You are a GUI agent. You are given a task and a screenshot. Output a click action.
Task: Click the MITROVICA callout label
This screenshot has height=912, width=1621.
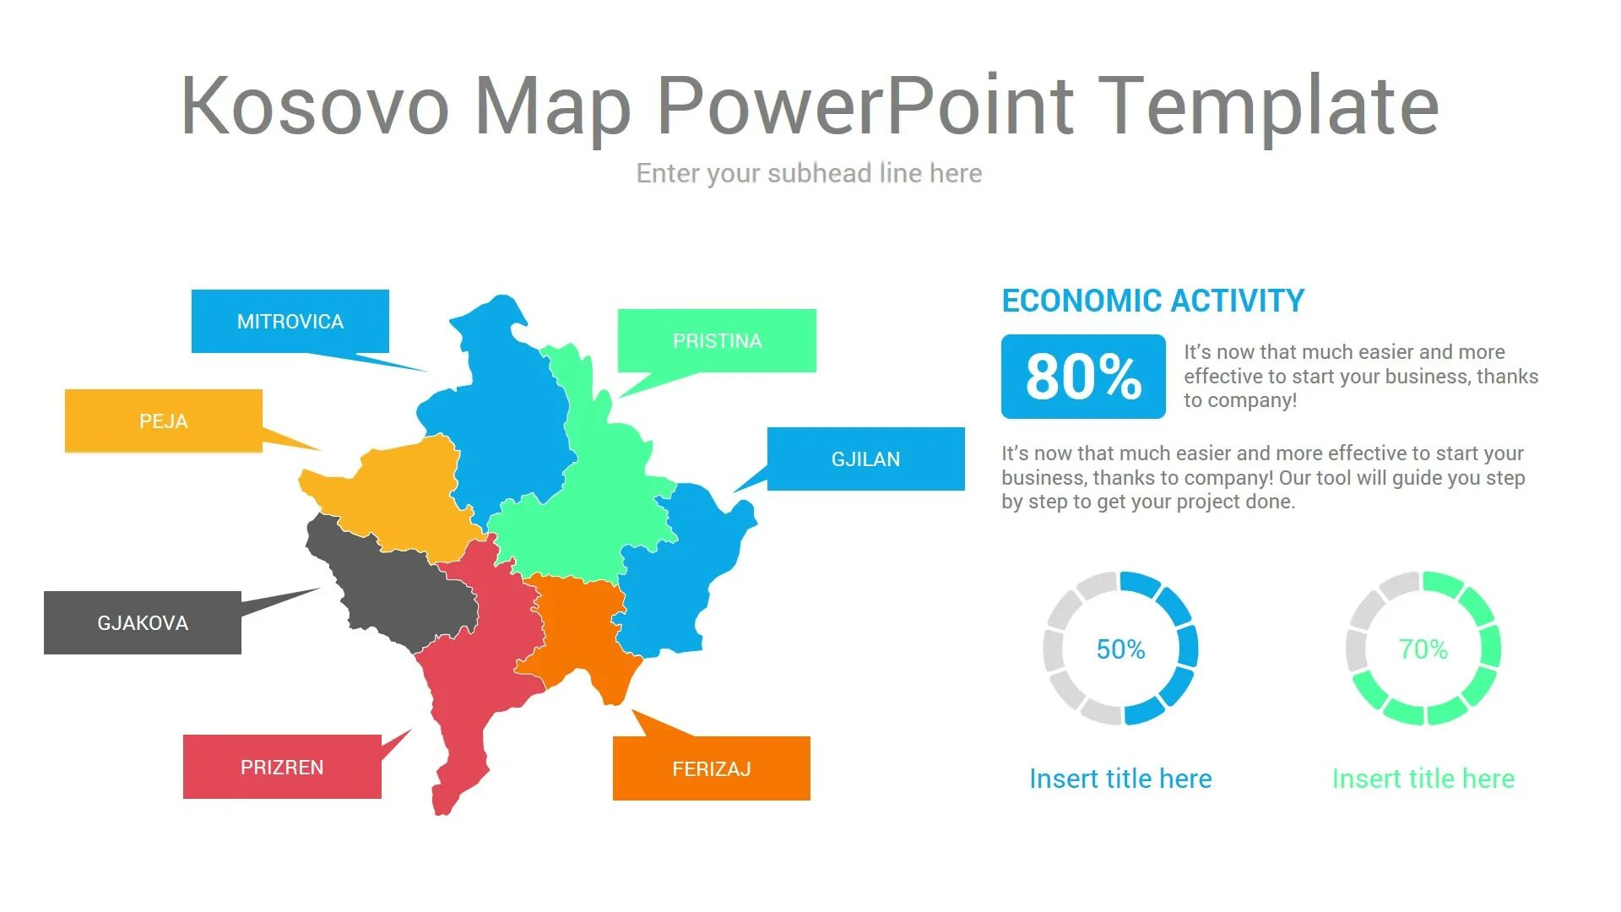tap(290, 322)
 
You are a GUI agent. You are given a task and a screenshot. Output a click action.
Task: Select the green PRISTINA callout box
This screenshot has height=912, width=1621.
tap(717, 341)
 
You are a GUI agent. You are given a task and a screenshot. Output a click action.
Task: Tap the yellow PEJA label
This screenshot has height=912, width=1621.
tap(164, 421)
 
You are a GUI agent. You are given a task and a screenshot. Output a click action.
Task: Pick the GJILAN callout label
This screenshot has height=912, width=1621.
tap(865, 459)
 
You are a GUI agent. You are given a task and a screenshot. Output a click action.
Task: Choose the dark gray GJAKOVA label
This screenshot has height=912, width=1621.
tap(143, 623)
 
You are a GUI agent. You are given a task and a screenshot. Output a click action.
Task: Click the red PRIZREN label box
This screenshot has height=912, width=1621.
tap(282, 768)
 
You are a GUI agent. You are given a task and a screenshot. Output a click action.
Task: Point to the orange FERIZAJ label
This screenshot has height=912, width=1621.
tap(711, 769)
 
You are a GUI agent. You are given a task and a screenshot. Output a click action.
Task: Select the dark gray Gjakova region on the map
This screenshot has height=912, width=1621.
tap(397, 591)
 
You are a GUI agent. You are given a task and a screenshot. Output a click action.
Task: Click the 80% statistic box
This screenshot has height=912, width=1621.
tap(1083, 377)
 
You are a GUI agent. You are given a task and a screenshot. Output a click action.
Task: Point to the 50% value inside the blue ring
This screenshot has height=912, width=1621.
tap(1120, 649)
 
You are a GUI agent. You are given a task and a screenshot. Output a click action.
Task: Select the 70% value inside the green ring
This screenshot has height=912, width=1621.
tap(1423, 649)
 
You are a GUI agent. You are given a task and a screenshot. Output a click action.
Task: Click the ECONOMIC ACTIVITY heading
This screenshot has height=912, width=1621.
tap(1152, 301)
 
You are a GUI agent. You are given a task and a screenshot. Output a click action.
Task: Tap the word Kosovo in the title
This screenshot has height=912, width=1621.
tap(315, 106)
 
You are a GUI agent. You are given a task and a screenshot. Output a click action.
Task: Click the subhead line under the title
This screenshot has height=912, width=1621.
tap(809, 173)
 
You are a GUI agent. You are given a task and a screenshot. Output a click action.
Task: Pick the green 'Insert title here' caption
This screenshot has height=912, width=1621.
tap(1423, 779)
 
